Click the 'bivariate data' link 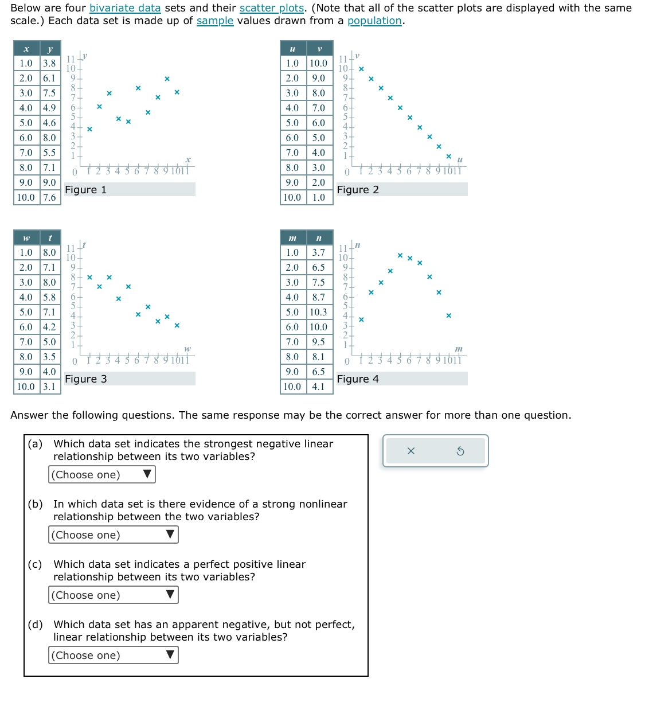tap(125, 8)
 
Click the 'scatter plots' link tap(272, 8)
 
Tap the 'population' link tap(374, 21)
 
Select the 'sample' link tap(215, 21)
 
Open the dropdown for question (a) tap(102, 474)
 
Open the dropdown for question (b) tap(114, 535)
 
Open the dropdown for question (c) tap(114, 595)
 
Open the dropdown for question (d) tap(114, 655)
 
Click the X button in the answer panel tap(410, 451)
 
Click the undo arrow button tap(460, 451)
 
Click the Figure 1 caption tap(86, 190)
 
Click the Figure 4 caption tap(358, 379)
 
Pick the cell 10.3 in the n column tap(319, 312)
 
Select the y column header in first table tap(50, 49)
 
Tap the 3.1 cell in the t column tap(50, 387)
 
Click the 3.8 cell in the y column tap(50, 63)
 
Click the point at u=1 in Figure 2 tap(361, 69)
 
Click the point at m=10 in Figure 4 tap(448, 315)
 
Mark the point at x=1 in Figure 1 tap(89, 129)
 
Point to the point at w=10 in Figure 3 tap(177, 325)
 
